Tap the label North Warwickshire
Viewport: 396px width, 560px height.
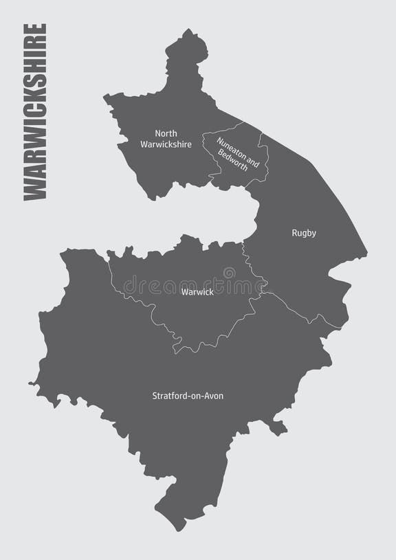166,139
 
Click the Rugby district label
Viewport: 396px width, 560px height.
303,233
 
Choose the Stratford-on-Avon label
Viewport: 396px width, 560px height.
188,396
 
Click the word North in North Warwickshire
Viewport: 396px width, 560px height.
166,133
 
